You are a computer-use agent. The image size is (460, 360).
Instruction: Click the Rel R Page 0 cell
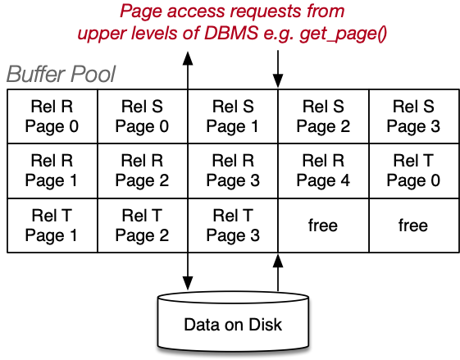click(x=52, y=116)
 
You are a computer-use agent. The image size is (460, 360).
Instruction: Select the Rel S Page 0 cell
click(x=143, y=116)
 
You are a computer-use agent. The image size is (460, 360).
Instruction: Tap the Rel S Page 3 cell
click(x=414, y=116)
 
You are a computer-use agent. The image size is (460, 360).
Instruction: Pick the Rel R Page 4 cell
click(x=323, y=171)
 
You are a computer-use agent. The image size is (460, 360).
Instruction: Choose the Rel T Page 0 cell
click(x=414, y=171)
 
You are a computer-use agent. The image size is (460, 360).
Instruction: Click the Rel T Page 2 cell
click(x=143, y=226)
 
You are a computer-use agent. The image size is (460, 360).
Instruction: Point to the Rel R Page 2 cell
click(x=143, y=171)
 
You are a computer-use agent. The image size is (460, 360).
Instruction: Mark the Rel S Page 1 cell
click(x=233, y=116)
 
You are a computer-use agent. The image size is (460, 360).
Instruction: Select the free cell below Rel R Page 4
click(x=323, y=226)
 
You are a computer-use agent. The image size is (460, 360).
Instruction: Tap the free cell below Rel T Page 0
click(x=414, y=226)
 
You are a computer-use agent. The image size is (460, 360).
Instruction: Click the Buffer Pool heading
click(x=61, y=75)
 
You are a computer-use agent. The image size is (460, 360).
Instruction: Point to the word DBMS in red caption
click(x=231, y=33)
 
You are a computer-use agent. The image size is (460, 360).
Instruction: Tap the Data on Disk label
click(x=233, y=325)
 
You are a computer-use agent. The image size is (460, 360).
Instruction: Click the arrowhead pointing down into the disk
click(x=188, y=283)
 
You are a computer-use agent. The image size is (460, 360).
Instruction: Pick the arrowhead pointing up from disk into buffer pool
click(x=278, y=261)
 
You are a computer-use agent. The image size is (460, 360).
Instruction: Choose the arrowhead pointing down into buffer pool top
click(x=278, y=81)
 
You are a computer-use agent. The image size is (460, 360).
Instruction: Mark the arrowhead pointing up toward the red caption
click(x=188, y=58)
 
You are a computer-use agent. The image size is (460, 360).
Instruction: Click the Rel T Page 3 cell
click(x=233, y=226)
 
